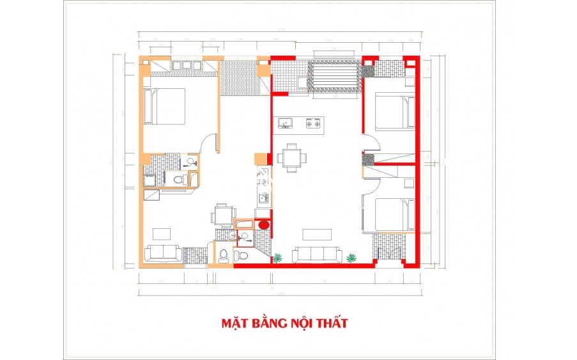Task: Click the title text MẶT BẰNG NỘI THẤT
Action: coord(284,323)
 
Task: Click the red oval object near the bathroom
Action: coord(263,224)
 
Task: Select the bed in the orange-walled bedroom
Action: coord(164,106)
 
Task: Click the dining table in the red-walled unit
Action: coord(292,157)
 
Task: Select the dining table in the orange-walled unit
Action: coord(223,215)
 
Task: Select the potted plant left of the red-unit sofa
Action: coord(278,258)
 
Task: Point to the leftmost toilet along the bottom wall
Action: coord(223,256)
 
